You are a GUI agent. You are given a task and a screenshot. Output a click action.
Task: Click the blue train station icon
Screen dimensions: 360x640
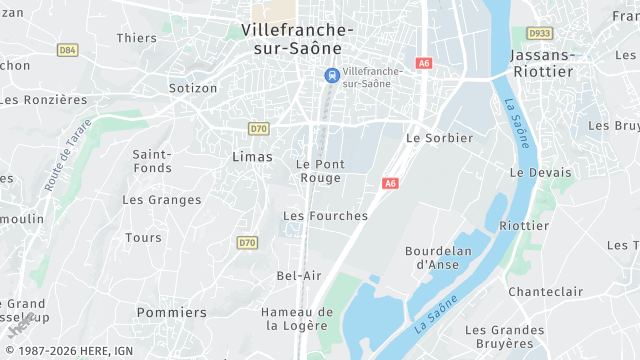pos(331,75)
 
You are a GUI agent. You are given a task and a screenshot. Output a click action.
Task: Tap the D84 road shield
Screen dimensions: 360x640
pos(68,49)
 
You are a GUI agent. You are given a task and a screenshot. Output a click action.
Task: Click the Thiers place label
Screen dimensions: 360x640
pos(137,38)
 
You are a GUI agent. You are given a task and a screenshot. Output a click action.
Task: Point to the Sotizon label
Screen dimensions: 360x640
pos(193,88)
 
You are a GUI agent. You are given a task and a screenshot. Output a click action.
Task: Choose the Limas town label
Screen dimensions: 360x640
pos(251,157)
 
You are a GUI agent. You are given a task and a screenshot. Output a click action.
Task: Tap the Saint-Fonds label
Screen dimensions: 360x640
pos(152,161)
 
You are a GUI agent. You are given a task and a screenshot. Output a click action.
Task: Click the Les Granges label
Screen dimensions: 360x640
pos(161,199)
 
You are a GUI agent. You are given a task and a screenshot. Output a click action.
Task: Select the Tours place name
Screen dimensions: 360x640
pos(143,238)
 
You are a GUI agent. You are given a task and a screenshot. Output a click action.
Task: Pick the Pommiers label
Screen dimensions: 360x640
pos(172,312)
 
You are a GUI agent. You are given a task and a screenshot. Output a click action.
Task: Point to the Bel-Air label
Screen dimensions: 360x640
pos(299,275)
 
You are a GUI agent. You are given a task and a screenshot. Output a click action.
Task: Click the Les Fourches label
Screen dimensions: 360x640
pos(325,215)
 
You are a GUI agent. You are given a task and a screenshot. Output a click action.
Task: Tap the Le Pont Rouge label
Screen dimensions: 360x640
pos(321,171)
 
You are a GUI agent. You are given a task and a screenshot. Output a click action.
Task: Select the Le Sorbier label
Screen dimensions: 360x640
pos(439,137)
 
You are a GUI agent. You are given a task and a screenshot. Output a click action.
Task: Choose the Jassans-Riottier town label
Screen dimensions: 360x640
pos(542,63)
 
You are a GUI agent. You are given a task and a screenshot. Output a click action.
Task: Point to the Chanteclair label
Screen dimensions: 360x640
pos(545,291)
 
